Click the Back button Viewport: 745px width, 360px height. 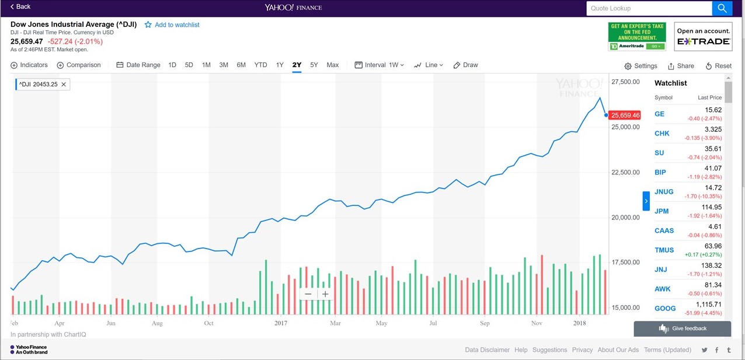pos(20,6)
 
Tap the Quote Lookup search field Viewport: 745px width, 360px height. pos(649,8)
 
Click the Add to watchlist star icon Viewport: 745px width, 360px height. pos(148,25)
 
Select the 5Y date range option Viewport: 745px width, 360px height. pos(314,65)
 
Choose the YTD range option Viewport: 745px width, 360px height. pos(260,65)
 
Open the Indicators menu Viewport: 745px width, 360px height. pos(29,65)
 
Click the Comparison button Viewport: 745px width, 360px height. pos(79,65)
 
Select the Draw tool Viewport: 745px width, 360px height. pos(466,65)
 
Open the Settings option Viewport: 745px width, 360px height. pos(641,66)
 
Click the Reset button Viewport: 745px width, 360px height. pos(718,66)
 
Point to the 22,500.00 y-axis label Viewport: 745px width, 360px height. pos(625,172)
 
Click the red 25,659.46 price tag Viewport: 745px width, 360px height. pos(625,115)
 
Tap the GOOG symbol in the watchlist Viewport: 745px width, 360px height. pos(665,309)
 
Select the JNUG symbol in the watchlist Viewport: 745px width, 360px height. pos(664,192)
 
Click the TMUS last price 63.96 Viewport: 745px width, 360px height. pos(713,246)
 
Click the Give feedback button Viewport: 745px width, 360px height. pos(683,328)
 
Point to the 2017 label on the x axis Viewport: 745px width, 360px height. pos(281,323)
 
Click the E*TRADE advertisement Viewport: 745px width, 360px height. pos(703,37)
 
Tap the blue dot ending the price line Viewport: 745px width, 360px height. pos(606,115)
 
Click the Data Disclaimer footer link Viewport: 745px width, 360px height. pos(487,349)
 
